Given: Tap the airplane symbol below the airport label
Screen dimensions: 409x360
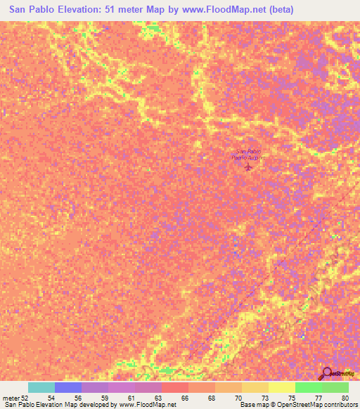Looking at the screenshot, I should pos(247,167).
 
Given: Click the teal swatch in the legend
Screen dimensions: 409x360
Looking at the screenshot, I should pos(41,387).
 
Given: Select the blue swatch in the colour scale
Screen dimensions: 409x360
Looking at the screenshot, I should pos(68,387).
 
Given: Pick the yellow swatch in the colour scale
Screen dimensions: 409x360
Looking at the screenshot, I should pos(281,387).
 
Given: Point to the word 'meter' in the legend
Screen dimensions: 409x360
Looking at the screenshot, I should pos(11,397).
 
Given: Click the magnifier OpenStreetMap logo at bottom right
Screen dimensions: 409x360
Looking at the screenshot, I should pos(327,374).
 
